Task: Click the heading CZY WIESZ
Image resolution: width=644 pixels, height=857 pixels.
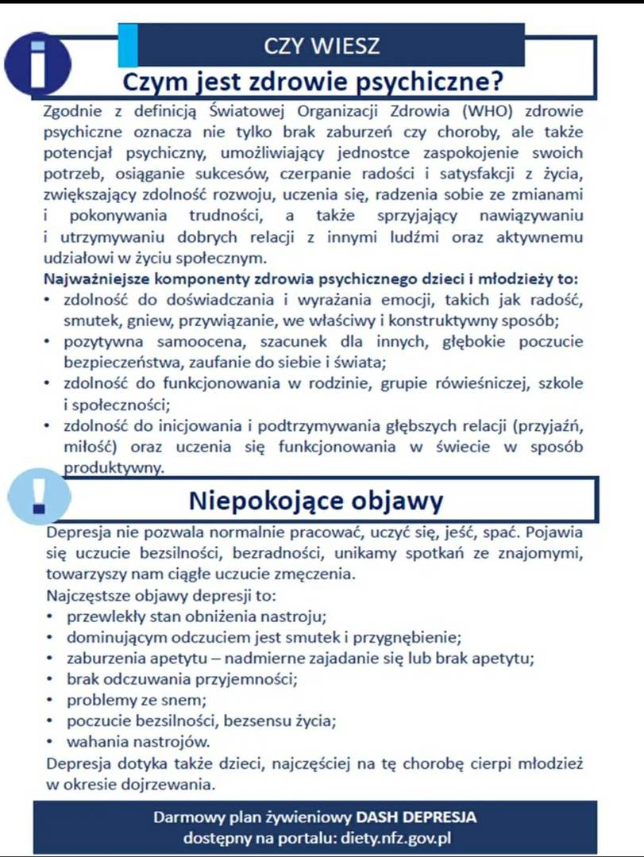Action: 322,45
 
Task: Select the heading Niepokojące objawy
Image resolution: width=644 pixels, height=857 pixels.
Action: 315,502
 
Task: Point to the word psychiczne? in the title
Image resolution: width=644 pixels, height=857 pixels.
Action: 430,82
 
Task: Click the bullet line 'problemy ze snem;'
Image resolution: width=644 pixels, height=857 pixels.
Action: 137,700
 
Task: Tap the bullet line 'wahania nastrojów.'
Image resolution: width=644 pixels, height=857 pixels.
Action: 138,743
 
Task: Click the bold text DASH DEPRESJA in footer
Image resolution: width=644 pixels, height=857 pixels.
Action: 416,817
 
